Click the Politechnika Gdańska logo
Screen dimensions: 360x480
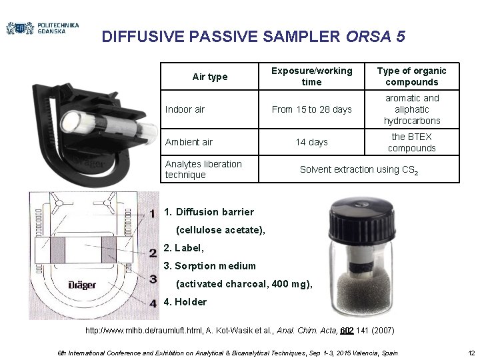click(x=42, y=28)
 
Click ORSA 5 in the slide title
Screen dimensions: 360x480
click(x=375, y=37)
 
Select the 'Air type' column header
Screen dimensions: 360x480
click(x=209, y=77)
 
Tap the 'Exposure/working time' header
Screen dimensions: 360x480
click(x=311, y=76)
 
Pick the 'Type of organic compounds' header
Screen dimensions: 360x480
click(x=412, y=76)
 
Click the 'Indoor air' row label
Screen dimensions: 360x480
click(x=185, y=109)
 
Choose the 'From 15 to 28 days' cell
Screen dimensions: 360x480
click(x=311, y=109)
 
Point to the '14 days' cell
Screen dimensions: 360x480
click(x=311, y=142)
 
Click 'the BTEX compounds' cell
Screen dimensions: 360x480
click(x=412, y=142)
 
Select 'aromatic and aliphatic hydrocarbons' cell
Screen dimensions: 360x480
click(x=412, y=109)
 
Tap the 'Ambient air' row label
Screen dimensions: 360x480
click(x=189, y=142)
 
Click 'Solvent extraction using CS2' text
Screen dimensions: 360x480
click(x=359, y=170)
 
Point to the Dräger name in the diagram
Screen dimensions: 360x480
click(x=82, y=285)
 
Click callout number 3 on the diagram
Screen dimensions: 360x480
click(x=153, y=279)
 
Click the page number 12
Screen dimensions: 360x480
click(x=471, y=352)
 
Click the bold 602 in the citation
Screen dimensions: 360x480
click(x=347, y=331)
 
